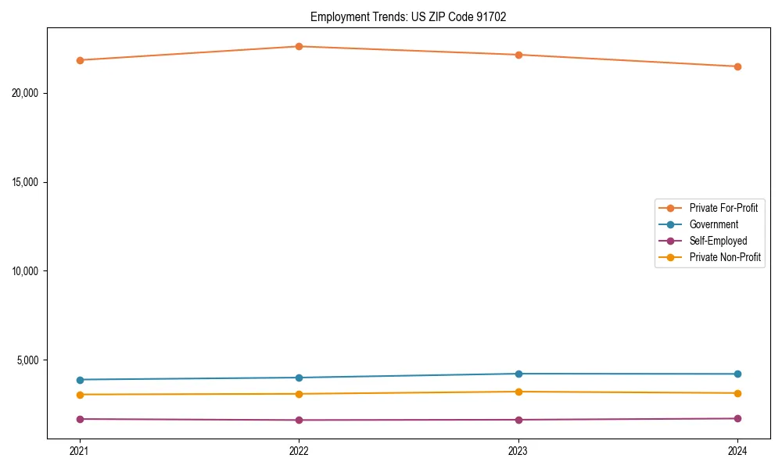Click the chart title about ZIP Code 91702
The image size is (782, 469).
point(408,17)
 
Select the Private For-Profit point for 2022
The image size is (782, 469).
point(299,46)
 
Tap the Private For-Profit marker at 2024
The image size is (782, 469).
point(737,66)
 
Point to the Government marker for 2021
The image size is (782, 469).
point(80,380)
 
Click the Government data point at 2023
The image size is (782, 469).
point(518,374)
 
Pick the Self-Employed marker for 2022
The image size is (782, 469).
point(299,420)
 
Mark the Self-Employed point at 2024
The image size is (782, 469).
point(737,418)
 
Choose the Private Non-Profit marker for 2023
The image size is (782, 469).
point(518,392)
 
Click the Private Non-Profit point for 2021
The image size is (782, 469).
point(80,395)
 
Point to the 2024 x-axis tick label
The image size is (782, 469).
point(737,450)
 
